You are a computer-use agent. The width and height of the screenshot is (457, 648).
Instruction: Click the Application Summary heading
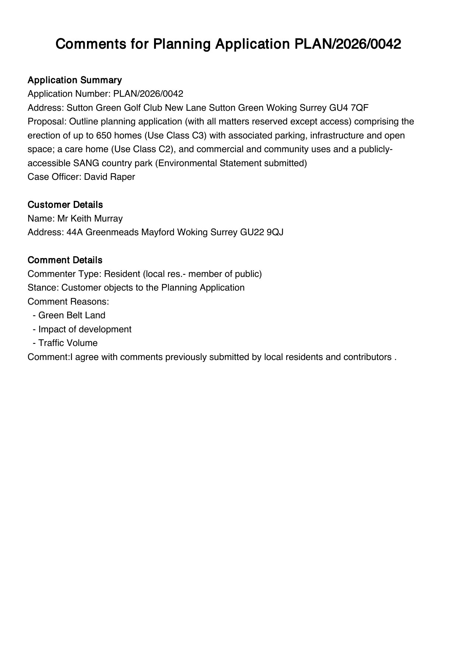point(74,80)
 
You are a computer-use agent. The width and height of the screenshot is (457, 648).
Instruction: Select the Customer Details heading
point(65,205)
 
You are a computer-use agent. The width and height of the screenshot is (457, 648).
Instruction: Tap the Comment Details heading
point(65,260)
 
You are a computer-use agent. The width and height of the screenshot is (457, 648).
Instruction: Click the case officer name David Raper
point(109,177)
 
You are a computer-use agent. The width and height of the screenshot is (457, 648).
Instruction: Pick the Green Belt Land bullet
point(71,315)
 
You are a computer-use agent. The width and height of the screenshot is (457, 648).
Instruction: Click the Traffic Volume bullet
point(68,343)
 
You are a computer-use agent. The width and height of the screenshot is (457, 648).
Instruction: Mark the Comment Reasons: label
point(68,302)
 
